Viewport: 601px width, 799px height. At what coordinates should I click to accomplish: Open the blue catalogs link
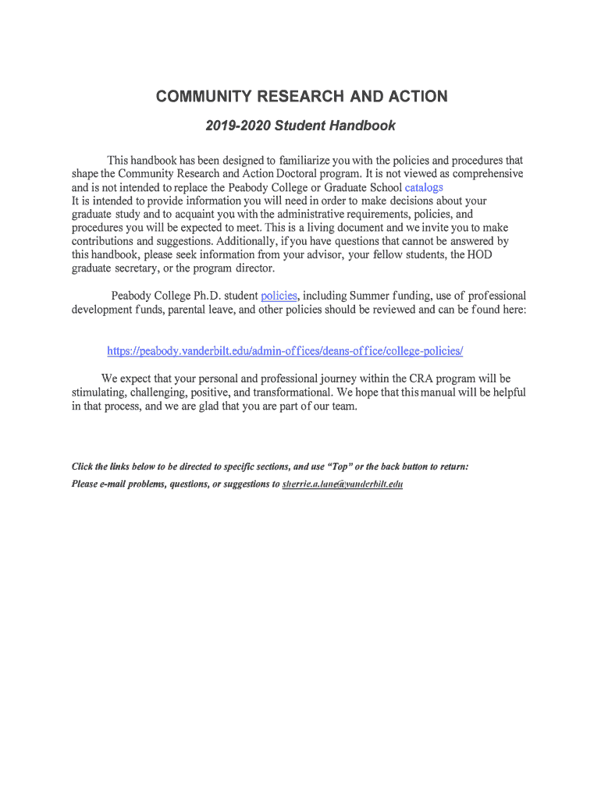[x=424, y=187]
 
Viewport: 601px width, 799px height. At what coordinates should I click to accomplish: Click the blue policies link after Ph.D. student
[x=279, y=296]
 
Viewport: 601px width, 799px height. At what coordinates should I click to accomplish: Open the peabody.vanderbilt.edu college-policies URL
[x=285, y=351]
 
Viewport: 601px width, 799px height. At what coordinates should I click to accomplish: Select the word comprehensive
[x=478, y=173]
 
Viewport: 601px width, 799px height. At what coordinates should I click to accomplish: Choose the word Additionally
[x=247, y=241]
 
